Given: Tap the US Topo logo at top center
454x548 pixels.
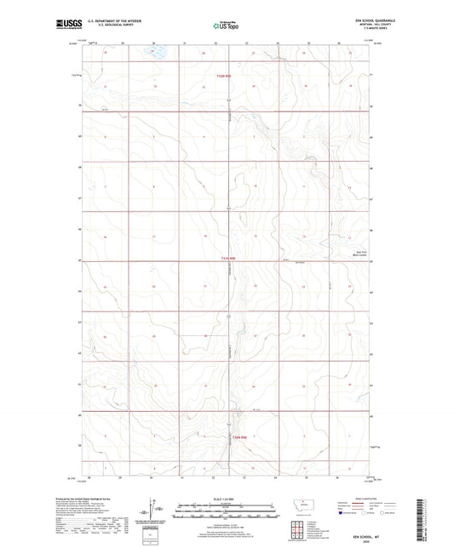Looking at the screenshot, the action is [226, 26].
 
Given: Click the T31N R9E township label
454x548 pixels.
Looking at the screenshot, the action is [227, 260].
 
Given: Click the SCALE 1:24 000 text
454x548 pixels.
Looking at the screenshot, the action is [226, 499].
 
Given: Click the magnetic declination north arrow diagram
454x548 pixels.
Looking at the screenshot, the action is [153, 511].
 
